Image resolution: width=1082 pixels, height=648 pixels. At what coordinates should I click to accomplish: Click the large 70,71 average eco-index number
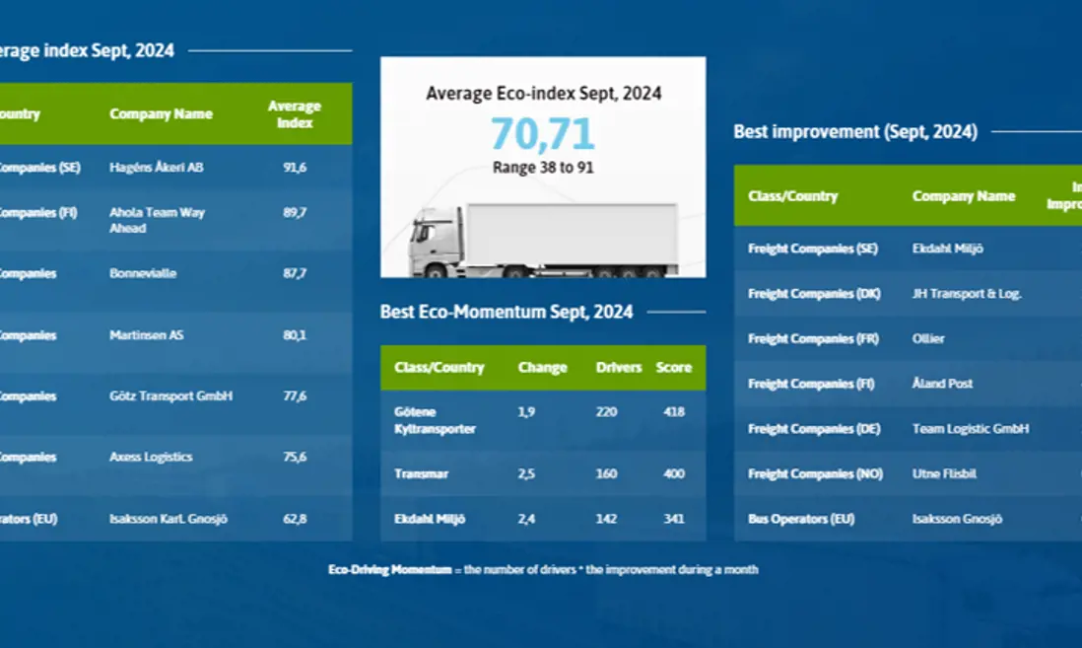tap(543, 134)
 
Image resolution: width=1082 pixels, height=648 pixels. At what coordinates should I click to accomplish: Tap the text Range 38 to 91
tap(543, 168)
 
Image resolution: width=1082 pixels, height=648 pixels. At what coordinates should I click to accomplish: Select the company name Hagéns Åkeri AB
tap(157, 168)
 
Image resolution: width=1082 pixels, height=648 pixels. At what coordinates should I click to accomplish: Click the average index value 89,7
tap(295, 213)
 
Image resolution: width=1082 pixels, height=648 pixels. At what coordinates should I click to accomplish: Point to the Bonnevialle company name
tap(143, 273)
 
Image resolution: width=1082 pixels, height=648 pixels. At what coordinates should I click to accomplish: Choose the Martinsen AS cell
tap(146, 335)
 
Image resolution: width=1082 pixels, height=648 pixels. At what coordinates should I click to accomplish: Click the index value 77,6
tap(295, 396)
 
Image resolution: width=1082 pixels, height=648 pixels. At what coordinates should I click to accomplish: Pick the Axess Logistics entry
tap(151, 458)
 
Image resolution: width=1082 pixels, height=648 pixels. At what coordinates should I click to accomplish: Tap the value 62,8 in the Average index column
tap(295, 519)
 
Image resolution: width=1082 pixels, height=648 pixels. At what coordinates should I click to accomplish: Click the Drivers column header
tap(618, 368)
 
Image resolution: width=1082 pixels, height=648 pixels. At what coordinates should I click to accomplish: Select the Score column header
tap(674, 368)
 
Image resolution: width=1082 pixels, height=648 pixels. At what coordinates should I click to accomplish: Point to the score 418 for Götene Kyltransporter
tap(674, 412)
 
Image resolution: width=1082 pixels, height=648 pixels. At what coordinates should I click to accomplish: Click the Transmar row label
tap(422, 474)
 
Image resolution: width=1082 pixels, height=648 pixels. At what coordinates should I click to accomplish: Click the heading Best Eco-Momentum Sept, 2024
tap(507, 313)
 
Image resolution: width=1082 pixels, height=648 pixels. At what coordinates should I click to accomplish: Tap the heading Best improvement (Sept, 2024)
tap(855, 132)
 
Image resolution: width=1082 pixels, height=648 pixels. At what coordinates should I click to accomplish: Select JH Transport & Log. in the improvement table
tap(967, 294)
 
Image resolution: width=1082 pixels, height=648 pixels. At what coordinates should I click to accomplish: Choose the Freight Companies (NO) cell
tap(815, 474)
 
